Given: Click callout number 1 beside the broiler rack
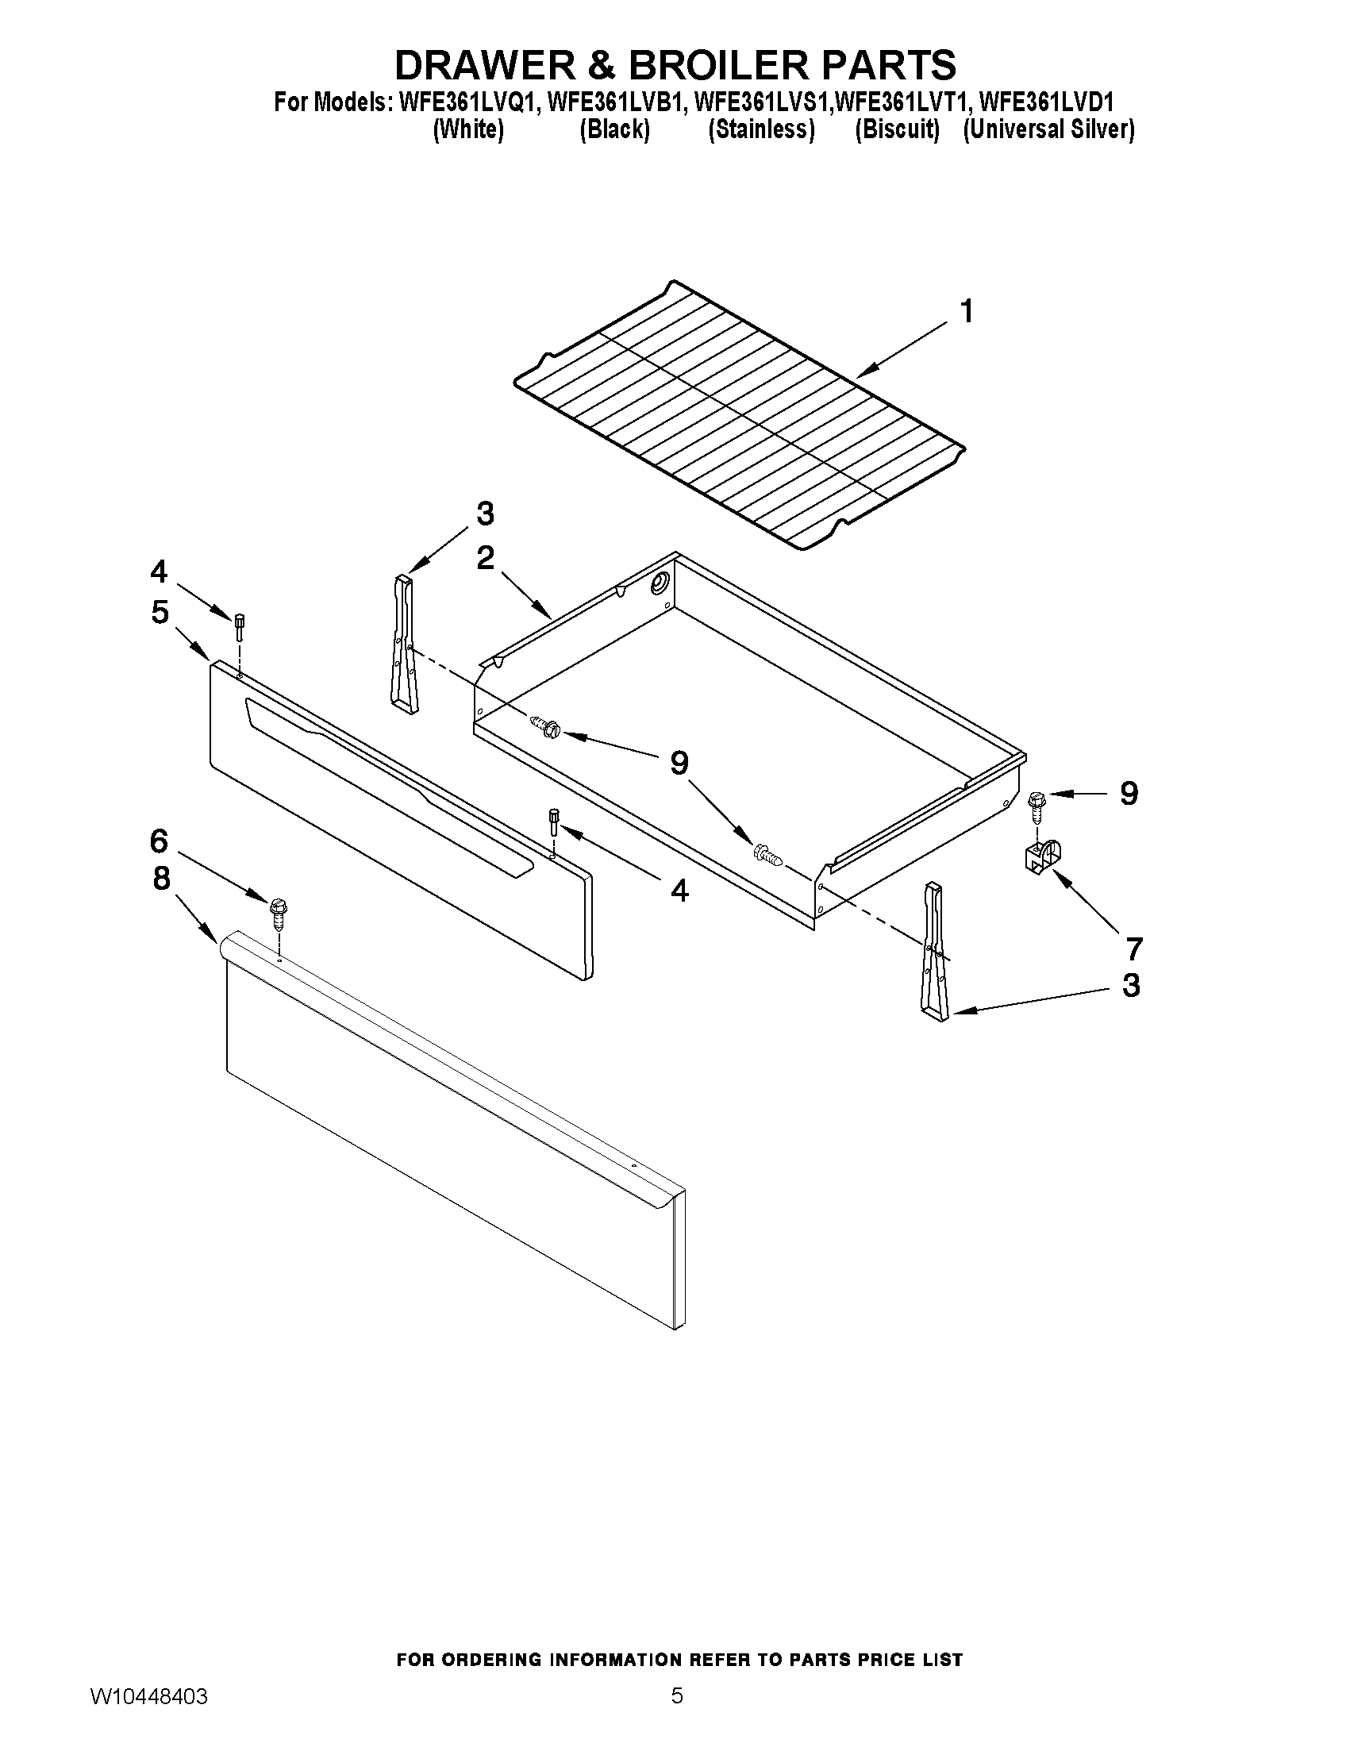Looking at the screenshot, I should pos(967,311).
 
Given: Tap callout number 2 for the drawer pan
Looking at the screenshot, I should pos(485,557).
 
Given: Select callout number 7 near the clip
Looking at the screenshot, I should pos(1133,949).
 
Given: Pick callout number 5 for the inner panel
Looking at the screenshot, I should pos(160,612).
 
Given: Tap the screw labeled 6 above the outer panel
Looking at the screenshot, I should pos(278,911).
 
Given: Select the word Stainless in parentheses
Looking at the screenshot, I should pos(761,129).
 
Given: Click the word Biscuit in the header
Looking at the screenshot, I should pos(897,129).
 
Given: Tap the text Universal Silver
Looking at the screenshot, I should pos(1048,129).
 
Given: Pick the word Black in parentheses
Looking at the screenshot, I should pos(614,129).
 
